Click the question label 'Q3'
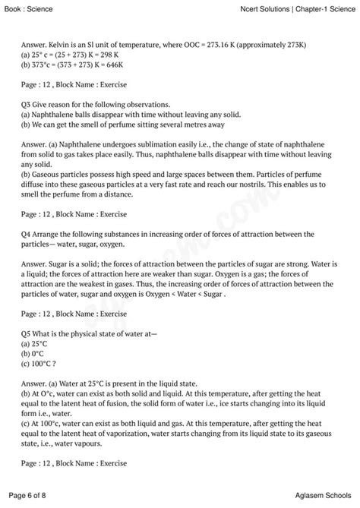27,104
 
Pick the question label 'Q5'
27,333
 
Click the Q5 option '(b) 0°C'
34,353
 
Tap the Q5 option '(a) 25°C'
36,343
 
